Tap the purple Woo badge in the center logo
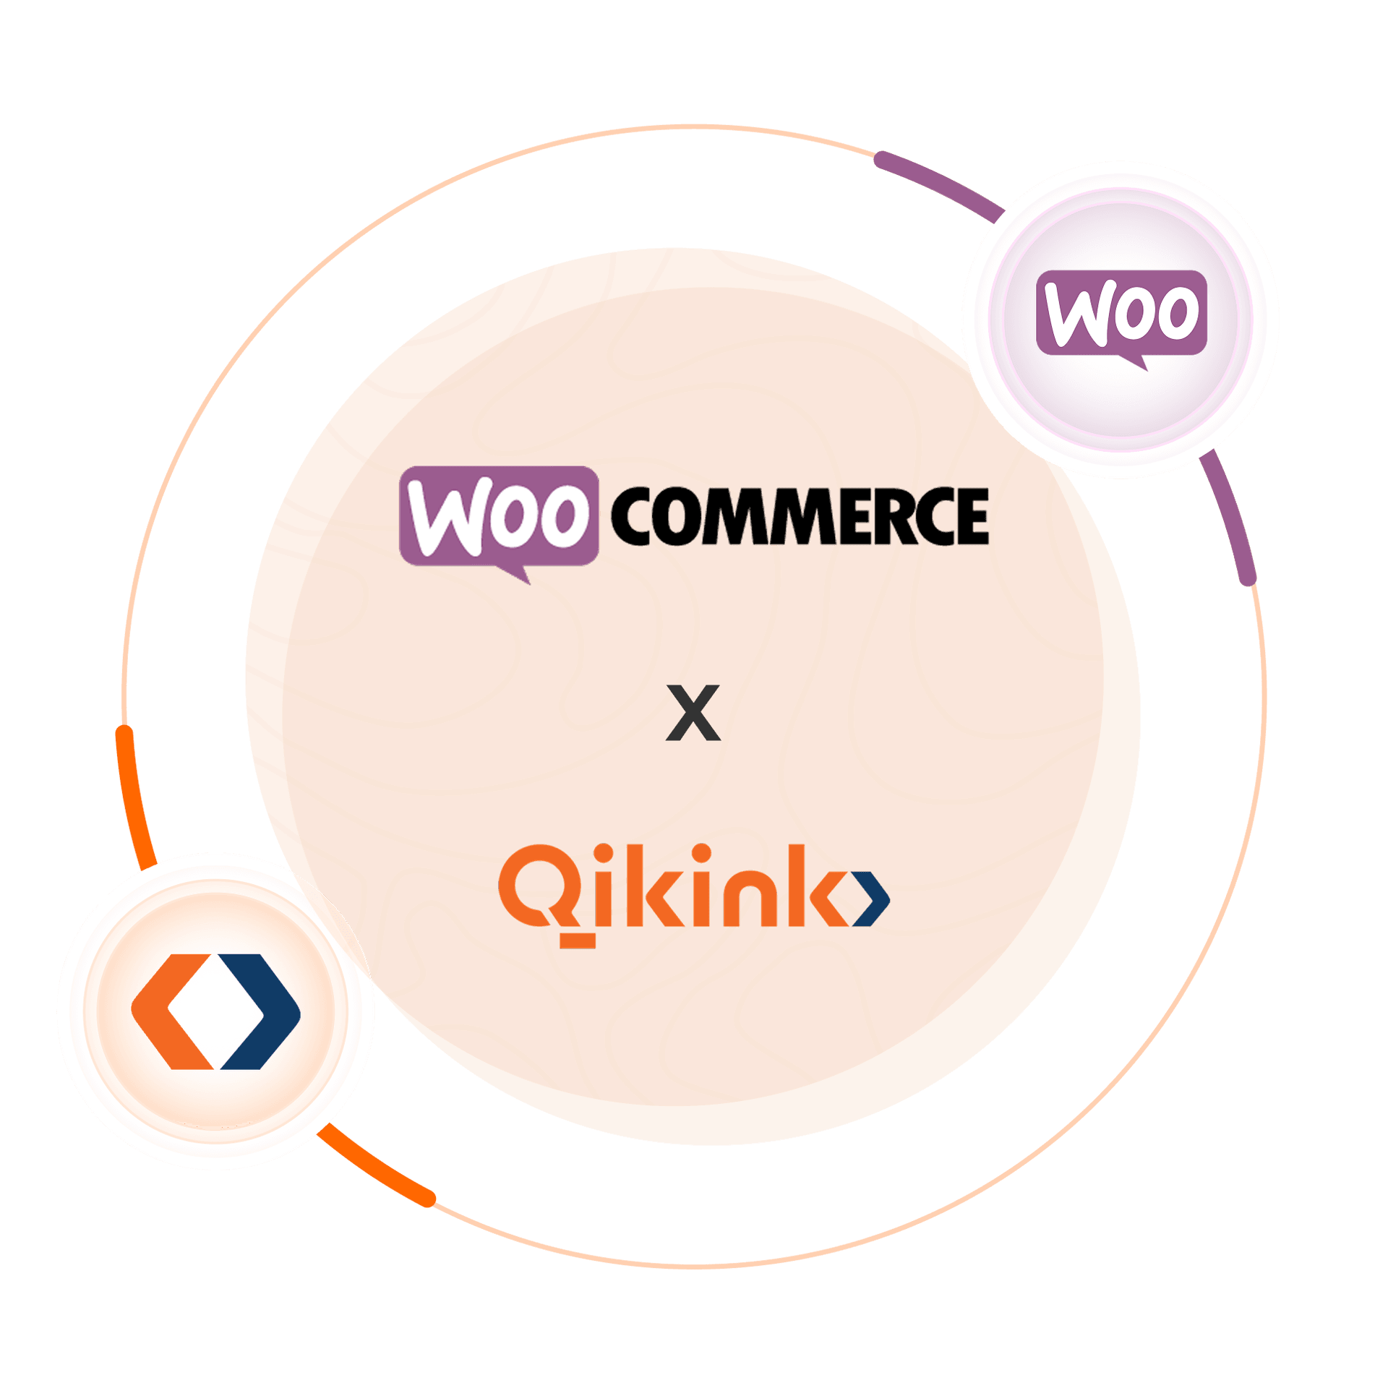499,515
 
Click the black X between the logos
693,714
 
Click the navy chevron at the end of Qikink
873,899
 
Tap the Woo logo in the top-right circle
1121,313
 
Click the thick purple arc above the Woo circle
940,181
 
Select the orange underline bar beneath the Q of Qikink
577,941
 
